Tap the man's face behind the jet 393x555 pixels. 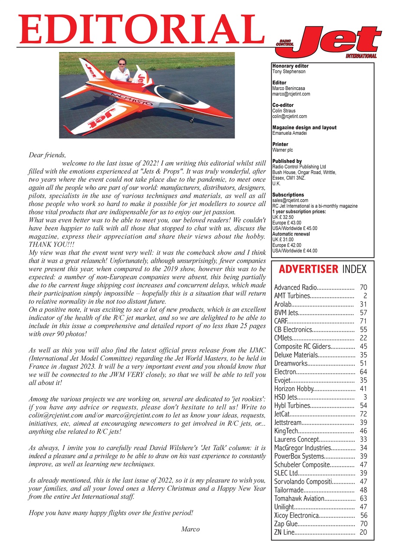[122, 66]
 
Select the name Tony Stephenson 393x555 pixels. [289, 71]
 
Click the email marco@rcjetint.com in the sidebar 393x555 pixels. [291, 94]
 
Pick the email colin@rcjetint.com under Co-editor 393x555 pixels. [289, 116]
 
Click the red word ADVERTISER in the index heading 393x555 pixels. [308, 269]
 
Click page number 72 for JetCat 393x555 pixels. [364, 414]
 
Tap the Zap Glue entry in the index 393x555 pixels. [286, 524]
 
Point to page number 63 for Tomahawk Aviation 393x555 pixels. [364, 499]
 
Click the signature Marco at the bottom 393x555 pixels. [190, 529]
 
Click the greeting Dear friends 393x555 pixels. [47, 155]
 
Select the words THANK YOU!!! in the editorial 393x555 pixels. [48, 245]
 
